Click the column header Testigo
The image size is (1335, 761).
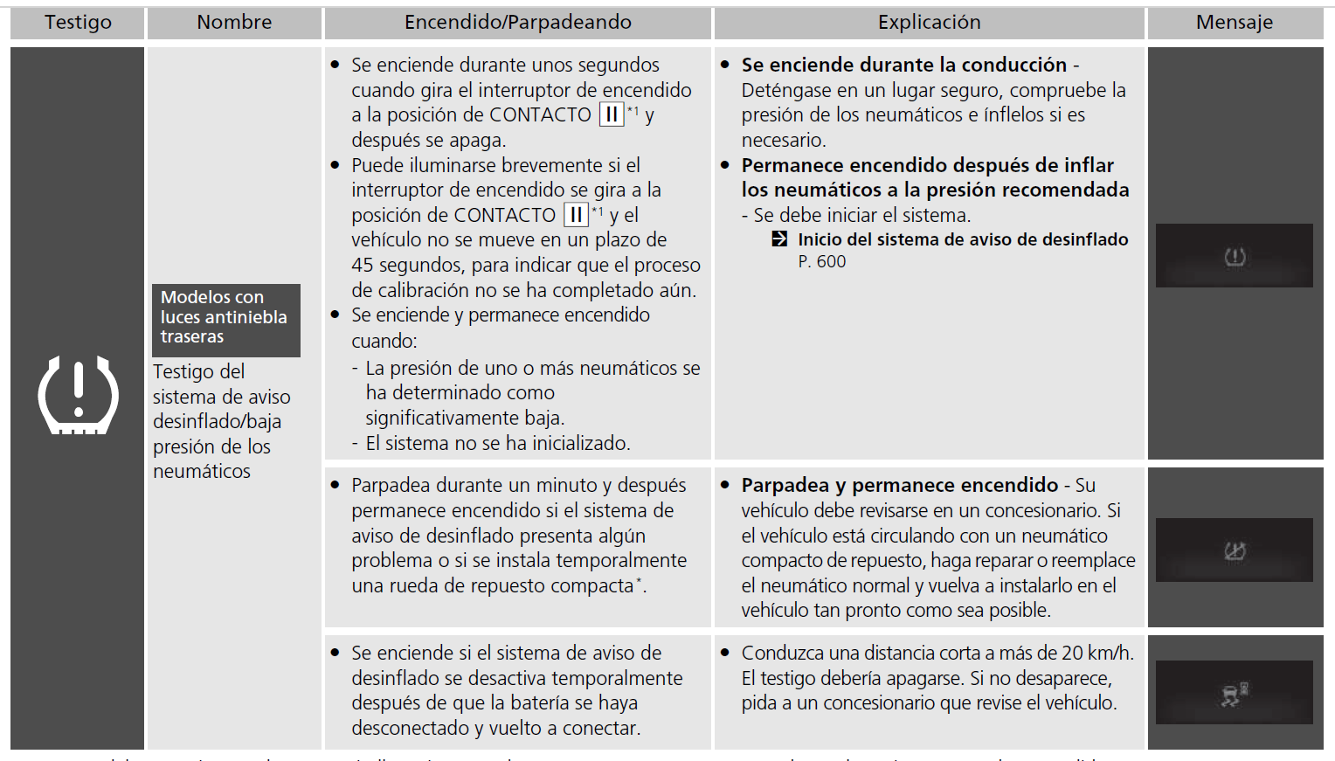tap(78, 23)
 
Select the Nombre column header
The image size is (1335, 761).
tap(234, 23)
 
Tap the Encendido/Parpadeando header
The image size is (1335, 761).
tap(517, 23)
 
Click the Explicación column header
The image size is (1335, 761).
tap(929, 23)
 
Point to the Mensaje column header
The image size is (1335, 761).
tap(1234, 23)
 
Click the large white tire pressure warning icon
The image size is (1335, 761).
tap(78, 395)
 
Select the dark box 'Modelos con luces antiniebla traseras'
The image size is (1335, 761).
tap(225, 317)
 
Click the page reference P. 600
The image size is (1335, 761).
tap(821, 262)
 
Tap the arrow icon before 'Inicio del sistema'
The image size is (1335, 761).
tap(779, 239)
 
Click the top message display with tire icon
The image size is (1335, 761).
tap(1234, 256)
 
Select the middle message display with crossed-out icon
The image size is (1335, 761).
tap(1234, 550)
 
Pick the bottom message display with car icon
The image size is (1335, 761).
tap(1234, 693)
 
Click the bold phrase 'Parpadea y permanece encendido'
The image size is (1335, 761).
tap(899, 486)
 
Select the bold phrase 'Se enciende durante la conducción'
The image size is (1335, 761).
tap(904, 66)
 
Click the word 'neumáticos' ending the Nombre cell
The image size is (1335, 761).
tap(201, 472)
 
